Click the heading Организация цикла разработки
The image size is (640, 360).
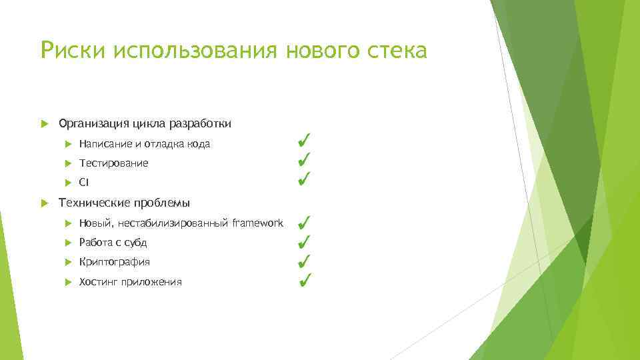click(x=145, y=123)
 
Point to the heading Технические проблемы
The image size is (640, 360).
click(x=124, y=203)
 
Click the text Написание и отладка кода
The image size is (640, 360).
click(x=144, y=143)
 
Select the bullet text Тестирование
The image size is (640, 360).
click(x=113, y=163)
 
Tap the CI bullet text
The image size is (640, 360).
click(x=83, y=183)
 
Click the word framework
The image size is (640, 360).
click(x=257, y=222)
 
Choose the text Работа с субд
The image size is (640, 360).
click(x=113, y=242)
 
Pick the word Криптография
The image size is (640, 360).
click(x=114, y=261)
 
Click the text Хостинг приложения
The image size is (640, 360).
click(x=130, y=281)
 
